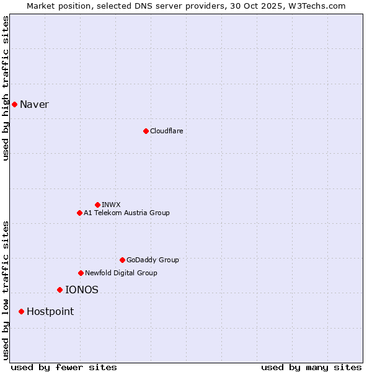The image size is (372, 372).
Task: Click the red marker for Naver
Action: (14, 104)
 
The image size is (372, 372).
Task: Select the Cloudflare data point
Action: (146, 131)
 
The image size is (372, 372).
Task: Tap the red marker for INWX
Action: (97, 205)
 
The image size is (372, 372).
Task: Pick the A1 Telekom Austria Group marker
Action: (79, 213)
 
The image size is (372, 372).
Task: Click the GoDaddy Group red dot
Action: (122, 260)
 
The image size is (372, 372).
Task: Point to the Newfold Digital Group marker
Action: (81, 273)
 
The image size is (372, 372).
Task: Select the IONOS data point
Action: (60, 290)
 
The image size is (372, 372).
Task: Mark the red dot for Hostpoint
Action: (21, 311)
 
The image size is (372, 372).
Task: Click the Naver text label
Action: (34, 104)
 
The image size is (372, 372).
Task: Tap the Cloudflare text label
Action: (166, 131)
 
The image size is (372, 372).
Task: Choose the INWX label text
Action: (111, 205)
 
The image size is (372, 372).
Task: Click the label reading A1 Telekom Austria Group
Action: (126, 213)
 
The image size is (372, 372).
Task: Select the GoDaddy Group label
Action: (153, 260)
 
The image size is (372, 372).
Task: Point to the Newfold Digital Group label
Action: (121, 273)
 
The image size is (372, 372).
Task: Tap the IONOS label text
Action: (82, 290)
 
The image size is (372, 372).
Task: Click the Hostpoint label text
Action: (50, 311)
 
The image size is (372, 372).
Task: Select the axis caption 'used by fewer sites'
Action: (64, 367)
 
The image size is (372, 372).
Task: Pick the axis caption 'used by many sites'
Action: (311, 367)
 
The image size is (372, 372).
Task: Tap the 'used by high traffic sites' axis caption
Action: (6, 88)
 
